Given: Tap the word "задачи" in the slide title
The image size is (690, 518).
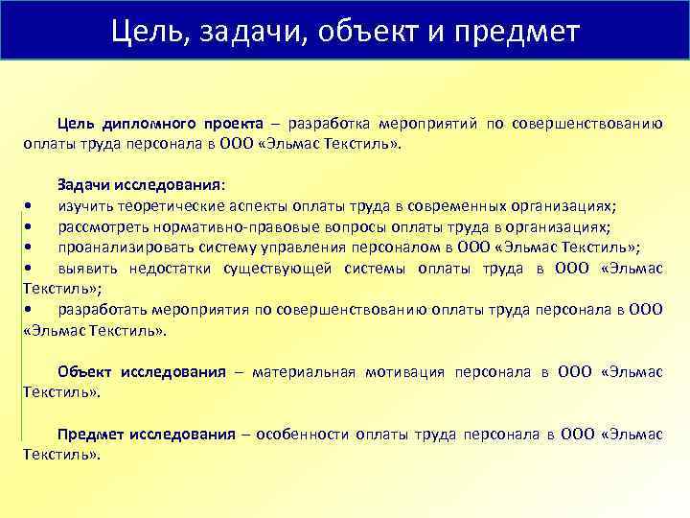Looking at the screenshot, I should tap(244, 32).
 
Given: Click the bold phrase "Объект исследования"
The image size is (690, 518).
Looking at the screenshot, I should tap(142, 371).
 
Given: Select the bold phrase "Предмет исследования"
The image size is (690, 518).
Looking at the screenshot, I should tap(147, 434).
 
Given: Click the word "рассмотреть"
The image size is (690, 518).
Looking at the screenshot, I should tap(102, 225).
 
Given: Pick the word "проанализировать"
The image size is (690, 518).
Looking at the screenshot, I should tap(119, 246).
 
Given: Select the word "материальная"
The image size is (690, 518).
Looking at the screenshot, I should tap(304, 371).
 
